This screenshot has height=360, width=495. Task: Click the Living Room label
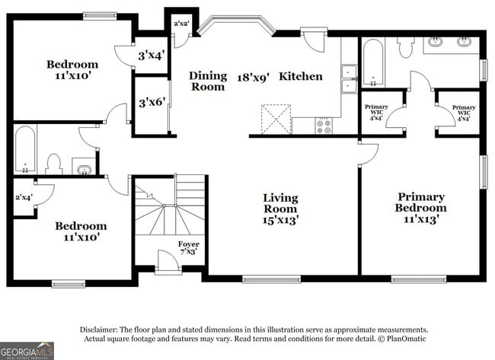point(280,209)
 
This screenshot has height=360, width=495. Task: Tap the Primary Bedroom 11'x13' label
point(421,207)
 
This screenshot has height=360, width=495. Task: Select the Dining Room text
point(208,81)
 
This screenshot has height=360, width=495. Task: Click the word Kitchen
point(300,76)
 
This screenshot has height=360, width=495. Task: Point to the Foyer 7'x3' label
point(189,247)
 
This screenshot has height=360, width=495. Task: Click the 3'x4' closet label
point(152,56)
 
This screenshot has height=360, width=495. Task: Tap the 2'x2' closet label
point(181,24)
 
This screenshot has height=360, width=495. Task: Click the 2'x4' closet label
point(24,198)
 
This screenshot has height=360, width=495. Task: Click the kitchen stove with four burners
point(324,126)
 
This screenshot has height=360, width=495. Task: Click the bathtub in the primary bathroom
point(373,64)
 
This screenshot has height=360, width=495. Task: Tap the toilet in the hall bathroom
point(53,163)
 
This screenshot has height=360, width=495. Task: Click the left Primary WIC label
point(376,112)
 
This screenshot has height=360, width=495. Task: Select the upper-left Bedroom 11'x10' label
point(72,70)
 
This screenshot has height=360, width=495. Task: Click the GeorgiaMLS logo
point(27,351)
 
